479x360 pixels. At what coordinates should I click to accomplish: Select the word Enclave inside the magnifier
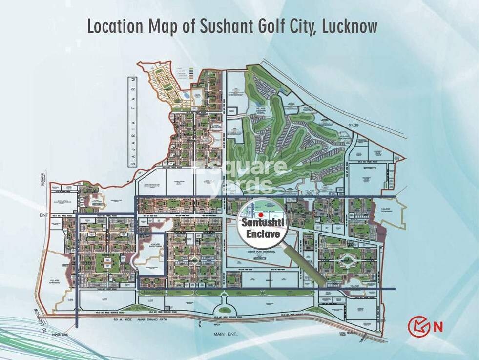click(263, 234)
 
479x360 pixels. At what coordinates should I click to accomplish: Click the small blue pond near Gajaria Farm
click(186, 94)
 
